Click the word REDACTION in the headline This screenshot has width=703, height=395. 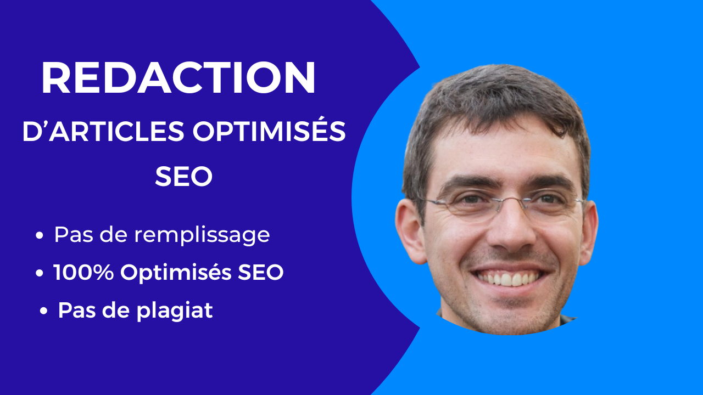(x=178, y=77)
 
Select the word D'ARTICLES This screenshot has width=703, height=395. (x=103, y=131)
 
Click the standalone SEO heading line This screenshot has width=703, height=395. (x=184, y=177)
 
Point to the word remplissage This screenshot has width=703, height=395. (x=202, y=235)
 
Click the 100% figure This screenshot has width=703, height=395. (x=83, y=272)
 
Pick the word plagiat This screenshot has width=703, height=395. (x=175, y=311)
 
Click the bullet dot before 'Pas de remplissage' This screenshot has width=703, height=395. (x=39, y=235)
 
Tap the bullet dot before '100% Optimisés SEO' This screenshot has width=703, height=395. (x=39, y=273)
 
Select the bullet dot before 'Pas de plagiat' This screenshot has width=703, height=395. (x=43, y=311)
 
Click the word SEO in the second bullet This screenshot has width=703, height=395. (x=260, y=272)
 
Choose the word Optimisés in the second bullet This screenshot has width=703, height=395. (x=176, y=272)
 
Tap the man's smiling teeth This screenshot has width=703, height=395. (x=509, y=278)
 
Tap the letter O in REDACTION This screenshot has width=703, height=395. (x=263, y=77)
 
